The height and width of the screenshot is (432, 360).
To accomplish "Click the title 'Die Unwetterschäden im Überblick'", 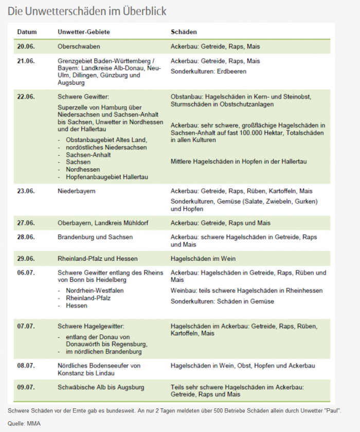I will click(87, 11).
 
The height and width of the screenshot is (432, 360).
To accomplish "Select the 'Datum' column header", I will click(26, 32).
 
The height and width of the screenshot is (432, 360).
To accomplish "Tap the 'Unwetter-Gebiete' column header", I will click(84, 32).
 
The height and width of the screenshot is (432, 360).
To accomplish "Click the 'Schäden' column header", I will click(184, 32).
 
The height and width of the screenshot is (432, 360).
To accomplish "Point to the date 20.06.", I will click(26, 46).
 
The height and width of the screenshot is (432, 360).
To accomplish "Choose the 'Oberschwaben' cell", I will click(79, 46).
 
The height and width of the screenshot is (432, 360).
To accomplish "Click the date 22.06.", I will click(26, 96).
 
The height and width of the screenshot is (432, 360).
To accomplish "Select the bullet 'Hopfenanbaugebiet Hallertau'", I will click(107, 177).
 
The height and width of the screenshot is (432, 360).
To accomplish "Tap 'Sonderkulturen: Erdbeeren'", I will click(208, 71).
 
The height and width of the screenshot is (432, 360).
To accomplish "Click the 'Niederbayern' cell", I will click(77, 191).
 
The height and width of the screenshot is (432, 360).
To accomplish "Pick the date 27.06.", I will click(26, 223).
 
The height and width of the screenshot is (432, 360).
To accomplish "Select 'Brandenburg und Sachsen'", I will click(95, 237).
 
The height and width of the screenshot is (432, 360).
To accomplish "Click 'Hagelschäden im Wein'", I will click(203, 258).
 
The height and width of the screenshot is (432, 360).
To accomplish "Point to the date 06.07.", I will click(26, 273).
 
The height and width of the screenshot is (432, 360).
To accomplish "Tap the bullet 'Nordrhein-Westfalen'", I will click(95, 291).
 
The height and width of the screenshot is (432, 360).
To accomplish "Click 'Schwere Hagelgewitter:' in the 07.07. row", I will click(91, 326).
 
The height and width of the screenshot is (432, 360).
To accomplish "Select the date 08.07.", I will click(26, 366).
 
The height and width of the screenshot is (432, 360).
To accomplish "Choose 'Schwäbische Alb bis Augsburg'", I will click(101, 387).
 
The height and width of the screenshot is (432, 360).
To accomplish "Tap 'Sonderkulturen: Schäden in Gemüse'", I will click(222, 301).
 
